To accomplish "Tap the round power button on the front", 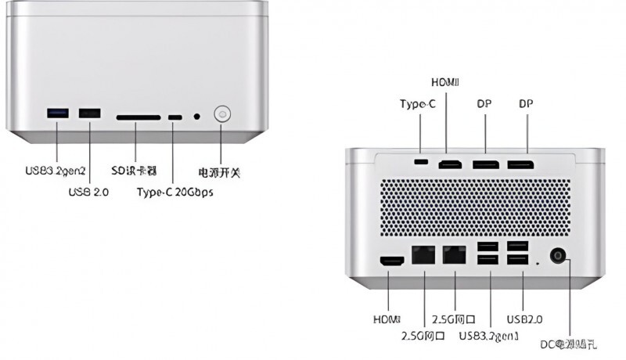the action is tap(223, 115).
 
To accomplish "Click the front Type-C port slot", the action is tap(174, 118).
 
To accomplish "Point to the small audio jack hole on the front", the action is tap(196, 117).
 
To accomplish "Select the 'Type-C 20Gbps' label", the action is tap(174, 192).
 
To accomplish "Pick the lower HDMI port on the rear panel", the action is tap(390, 261).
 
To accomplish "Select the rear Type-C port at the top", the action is tap(423, 162).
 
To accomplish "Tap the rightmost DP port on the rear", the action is tap(520, 164).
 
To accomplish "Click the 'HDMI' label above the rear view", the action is tap(447, 82).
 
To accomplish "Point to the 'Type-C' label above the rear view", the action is tap(417, 104).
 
